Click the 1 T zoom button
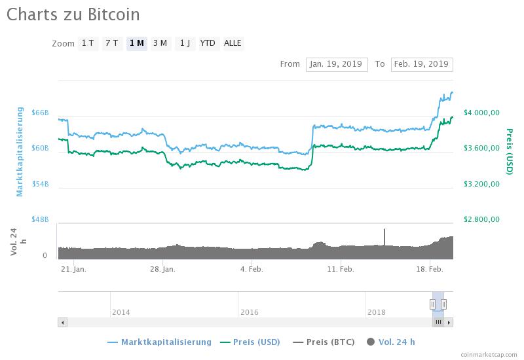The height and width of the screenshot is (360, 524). [x=88, y=43]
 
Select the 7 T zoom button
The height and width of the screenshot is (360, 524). [x=112, y=43]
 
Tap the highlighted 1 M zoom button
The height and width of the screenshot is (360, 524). [x=137, y=43]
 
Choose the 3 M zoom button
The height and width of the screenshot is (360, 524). [x=160, y=43]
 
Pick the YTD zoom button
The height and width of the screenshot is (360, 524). [x=208, y=43]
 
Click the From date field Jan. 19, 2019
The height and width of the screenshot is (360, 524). [x=337, y=64]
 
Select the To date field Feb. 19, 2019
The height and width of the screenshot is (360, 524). [x=422, y=64]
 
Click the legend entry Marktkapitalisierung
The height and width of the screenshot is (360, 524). [x=166, y=342]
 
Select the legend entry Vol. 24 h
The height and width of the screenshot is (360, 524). [x=396, y=342]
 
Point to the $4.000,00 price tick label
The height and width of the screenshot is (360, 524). [x=481, y=113]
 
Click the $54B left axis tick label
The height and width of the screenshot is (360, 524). [x=40, y=184]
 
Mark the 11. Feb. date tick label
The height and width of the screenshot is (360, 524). [x=341, y=269]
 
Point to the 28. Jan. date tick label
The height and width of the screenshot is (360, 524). [x=162, y=269]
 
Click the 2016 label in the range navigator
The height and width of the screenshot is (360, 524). [x=250, y=312]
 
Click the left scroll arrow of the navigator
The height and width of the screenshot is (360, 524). [x=63, y=322]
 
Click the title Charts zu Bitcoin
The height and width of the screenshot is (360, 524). [x=73, y=14]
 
